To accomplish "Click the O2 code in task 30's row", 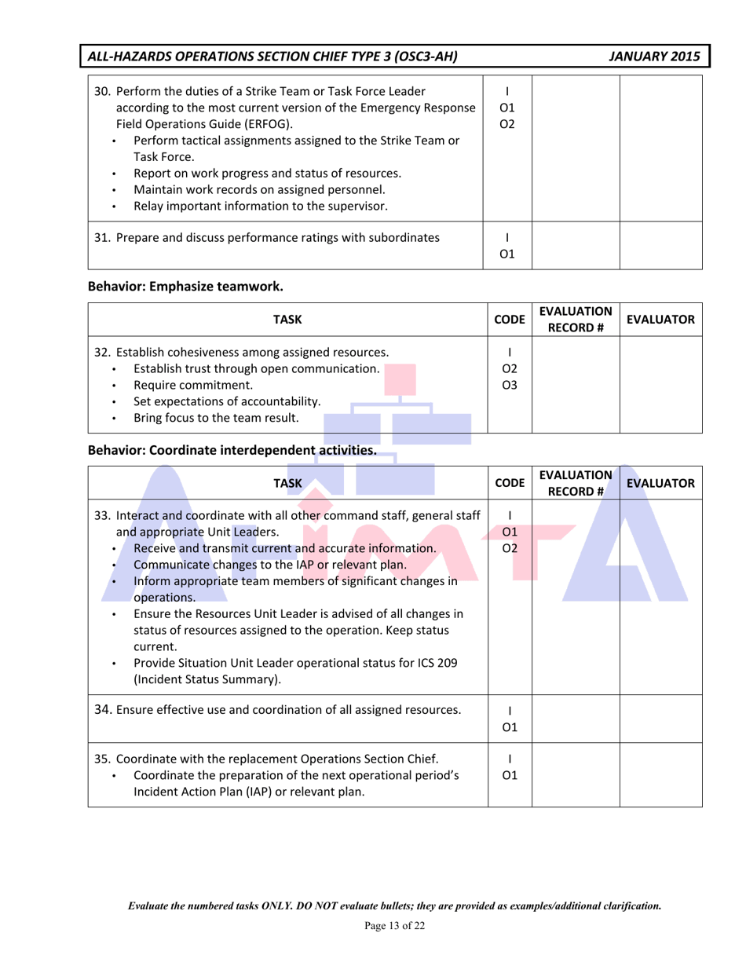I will pos(507,124).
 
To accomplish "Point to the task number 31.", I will pos(102,238).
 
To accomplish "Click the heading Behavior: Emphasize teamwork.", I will pos(185,286).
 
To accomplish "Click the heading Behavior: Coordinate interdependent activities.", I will pos(232,451).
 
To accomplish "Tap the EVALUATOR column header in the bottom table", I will pos(660,484).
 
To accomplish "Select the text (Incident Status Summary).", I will pos(207,679).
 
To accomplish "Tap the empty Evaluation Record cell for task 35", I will pos(576,775).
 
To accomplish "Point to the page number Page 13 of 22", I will pos(395,928).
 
